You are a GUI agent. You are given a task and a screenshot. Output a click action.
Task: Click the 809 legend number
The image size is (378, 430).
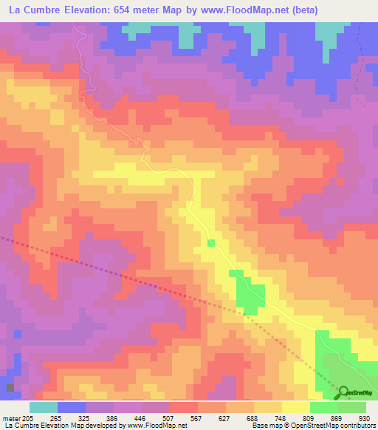click(x=309, y=417)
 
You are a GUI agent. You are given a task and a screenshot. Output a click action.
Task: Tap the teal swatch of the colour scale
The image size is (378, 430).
click(x=44, y=407)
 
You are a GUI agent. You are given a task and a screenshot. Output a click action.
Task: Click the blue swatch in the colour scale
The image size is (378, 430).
click(x=72, y=407)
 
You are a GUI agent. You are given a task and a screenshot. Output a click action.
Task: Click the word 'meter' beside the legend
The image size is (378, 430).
click(x=12, y=417)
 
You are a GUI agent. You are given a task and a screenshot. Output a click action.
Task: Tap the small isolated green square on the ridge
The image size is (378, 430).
click(x=211, y=243)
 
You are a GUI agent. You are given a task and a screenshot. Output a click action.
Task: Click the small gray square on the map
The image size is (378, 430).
click(x=10, y=387)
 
